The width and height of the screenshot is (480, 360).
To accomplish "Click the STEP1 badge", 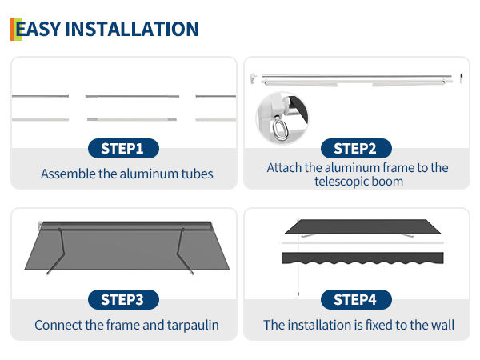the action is click(x=123, y=149).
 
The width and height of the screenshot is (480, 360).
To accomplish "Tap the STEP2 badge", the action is click(x=356, y=149).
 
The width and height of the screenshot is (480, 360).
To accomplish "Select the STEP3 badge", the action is click(x=123, y=300).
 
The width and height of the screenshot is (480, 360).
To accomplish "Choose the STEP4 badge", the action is click(x=356, y=300).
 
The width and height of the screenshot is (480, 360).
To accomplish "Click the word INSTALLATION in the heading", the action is click(x=132, y=29).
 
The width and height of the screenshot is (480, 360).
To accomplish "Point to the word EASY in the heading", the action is click(x=38, y=29).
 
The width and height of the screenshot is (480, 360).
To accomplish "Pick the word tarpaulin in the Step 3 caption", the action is click(x=193, y=326).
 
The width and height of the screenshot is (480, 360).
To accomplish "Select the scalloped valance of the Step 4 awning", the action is click(x=362, y=258).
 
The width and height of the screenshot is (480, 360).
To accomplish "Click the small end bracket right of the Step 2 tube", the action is click(x=461, y=78).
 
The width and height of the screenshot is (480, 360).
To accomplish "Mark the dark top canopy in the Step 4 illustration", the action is click(x=362, y=226).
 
